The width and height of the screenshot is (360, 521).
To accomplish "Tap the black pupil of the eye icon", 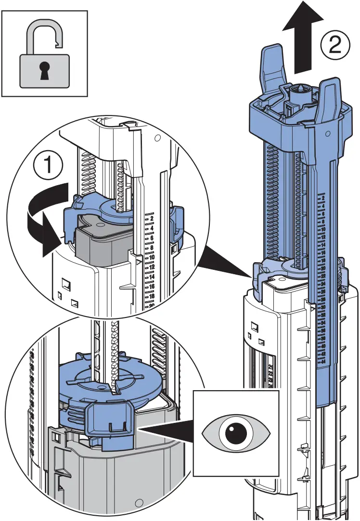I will (236, 430).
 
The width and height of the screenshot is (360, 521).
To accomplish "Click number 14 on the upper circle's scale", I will (151, 277).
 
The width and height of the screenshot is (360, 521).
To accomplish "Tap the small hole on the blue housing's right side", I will (327, 132).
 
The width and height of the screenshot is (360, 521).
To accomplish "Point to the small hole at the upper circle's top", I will (157, 138).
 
